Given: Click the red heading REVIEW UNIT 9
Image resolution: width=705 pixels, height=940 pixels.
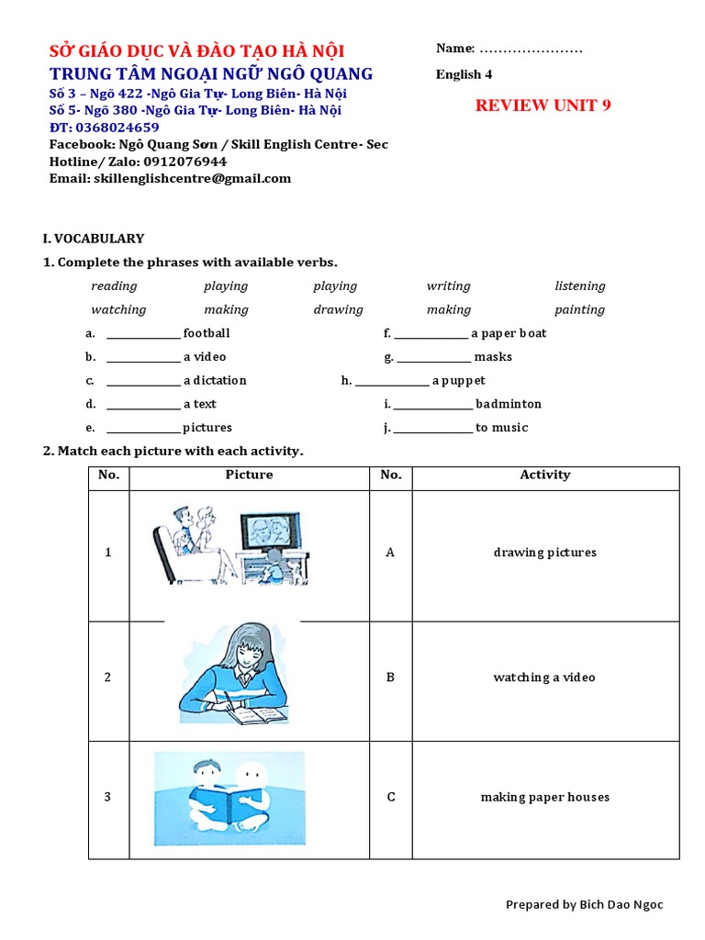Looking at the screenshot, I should (543, 106).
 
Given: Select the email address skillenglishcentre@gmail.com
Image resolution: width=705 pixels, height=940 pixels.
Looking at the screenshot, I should (192, 178).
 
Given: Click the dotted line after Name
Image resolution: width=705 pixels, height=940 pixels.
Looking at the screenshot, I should (531, 49).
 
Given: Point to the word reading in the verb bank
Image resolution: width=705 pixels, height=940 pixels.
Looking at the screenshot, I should (114, 286).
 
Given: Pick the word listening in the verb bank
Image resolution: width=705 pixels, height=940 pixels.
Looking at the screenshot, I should (579, 286).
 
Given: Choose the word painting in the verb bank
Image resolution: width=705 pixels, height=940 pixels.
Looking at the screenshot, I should (579, 310).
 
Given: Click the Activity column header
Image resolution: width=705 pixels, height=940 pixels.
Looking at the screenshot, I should (544, 476).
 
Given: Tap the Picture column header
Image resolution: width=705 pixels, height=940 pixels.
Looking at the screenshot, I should (249, 476).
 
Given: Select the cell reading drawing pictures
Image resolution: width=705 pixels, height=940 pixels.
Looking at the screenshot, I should (544, 553).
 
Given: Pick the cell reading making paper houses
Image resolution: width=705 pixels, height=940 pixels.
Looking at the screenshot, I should (544, 798).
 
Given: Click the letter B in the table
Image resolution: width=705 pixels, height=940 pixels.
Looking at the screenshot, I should (390, 677).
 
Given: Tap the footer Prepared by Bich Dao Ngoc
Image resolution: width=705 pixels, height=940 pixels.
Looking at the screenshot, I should (584, 905).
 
